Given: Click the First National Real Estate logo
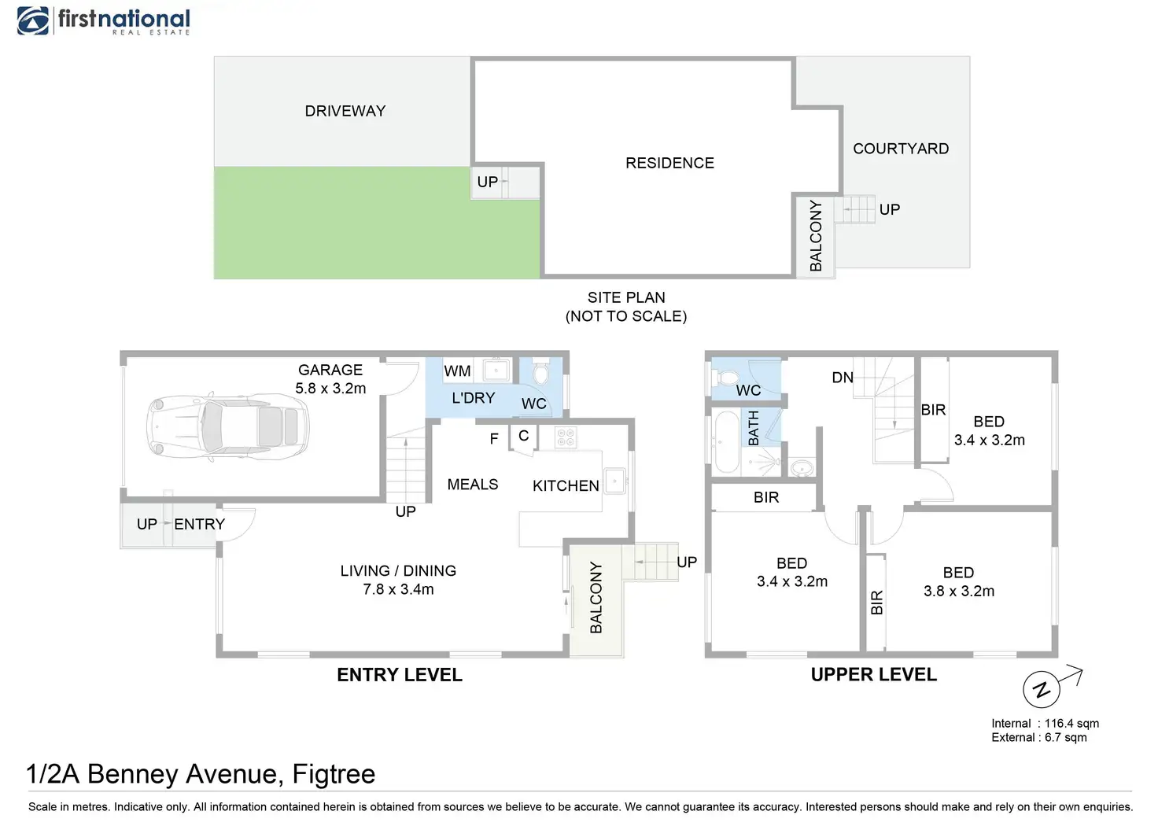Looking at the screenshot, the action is coord(103,20).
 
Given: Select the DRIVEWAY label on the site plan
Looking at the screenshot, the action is coord(345,111).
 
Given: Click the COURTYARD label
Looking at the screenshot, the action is coord(901,149).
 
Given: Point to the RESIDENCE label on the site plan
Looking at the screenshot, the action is coord(669,163).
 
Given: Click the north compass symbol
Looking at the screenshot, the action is coord(1042,690).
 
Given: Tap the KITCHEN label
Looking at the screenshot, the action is coord(566,486).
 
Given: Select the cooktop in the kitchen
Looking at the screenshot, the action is coord(566,437).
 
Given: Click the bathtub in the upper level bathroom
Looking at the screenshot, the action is coord(725,442).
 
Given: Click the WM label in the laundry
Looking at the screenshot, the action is coord(457,371).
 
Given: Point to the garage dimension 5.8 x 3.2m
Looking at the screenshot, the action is coord(330,389).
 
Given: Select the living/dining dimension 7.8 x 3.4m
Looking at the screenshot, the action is coord(398,589).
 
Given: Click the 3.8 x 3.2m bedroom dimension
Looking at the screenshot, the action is coord(959,591).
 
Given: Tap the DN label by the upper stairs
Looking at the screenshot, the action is coord(843,378).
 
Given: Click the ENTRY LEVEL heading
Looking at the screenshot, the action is coord(400,675).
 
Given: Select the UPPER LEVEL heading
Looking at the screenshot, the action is coord(874,675).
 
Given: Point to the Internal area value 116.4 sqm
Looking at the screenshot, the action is coord(1071,723).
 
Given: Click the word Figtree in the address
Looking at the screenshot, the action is coord(334,774).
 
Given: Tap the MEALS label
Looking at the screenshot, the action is coord(473,485).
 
